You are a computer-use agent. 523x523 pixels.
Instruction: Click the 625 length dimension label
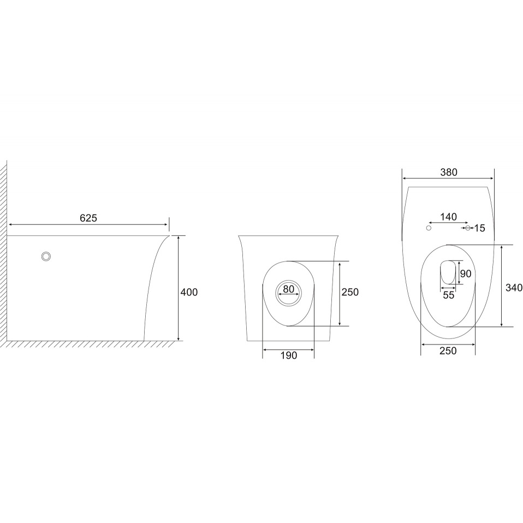click(88, 218)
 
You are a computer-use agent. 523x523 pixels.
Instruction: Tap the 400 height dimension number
click(189, 292)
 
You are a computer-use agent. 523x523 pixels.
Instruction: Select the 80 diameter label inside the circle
click(288, 289)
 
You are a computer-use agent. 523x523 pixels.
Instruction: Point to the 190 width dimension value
click(288, 355)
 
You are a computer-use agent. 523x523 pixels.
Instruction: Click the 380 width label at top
click(449, 172)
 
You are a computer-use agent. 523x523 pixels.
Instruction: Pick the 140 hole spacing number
click(448, 217)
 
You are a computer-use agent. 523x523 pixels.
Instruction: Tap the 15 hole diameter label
click(479, 228)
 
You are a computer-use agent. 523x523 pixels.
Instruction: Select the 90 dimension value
click(466, 274)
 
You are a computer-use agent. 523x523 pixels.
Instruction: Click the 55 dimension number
click(449, 295)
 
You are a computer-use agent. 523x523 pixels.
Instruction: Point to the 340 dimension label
click(514, 287)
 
